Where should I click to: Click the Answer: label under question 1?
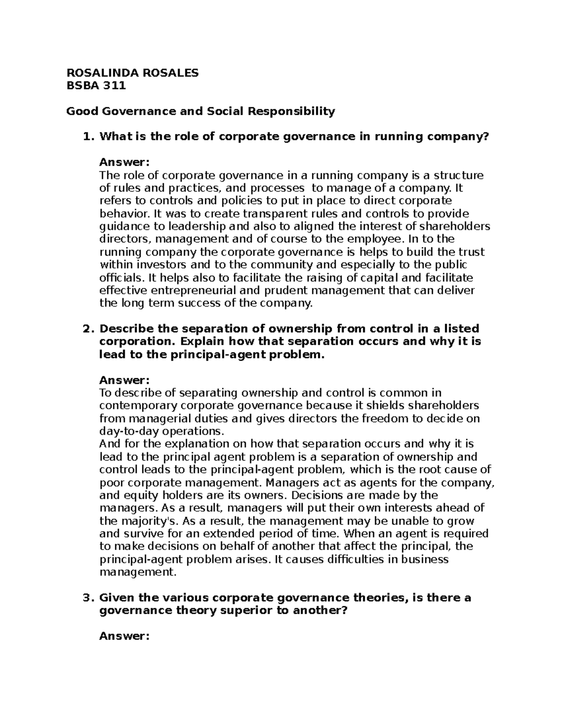[124, 162]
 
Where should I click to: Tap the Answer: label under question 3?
[124, 636]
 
